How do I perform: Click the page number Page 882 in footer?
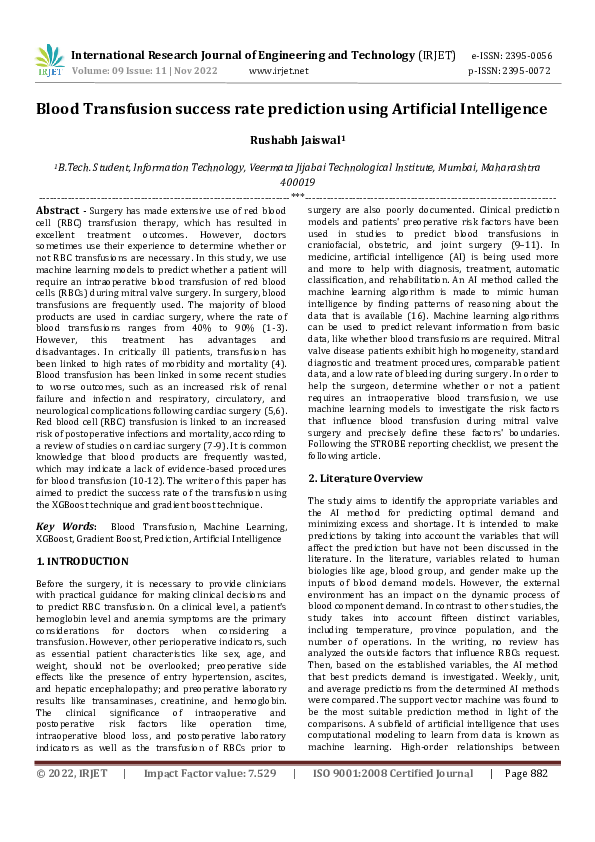click(526, 828)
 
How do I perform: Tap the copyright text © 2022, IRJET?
click(70, 828)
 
